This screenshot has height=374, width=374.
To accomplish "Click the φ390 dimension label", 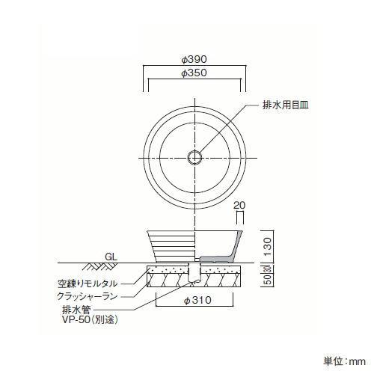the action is pyautogui.click(x=194, y=59).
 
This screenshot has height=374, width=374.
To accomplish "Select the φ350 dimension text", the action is pyautogui.click(x=194, y=73).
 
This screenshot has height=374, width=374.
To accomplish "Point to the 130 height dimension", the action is pyautogui.click(x=267, y=247).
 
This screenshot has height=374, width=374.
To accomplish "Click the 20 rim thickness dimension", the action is pyautogui.click(x=239, y=205).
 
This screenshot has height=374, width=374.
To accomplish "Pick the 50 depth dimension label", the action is pyautogui.click(x=268, y=280).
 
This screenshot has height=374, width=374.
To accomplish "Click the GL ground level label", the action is pyautogui.click(x=111, y=257).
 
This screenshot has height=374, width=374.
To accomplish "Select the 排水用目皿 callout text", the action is pyautogui.click(x=286, y=105).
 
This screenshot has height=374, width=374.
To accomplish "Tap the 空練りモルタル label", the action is pyautogui.click(x=88, y=283).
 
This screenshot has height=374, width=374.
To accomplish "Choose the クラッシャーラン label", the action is pyautogui.click(x=88, y=296).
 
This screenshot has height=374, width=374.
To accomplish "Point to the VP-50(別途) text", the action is pyautogui.click(x=90, y=320).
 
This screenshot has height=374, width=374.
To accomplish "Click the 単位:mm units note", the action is pyautogui.click(x=344, y=361).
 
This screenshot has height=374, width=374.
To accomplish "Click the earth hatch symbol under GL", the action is pyautogui.click(x=99, y=267).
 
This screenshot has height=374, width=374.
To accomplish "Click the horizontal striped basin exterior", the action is pyautogui.click(x=172, y=246).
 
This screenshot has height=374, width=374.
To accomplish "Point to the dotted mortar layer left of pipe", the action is pyautogui.click(x=168, y=269).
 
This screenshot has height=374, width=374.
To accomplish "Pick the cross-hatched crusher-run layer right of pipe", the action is pyautogui.click(x=221, y=280).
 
